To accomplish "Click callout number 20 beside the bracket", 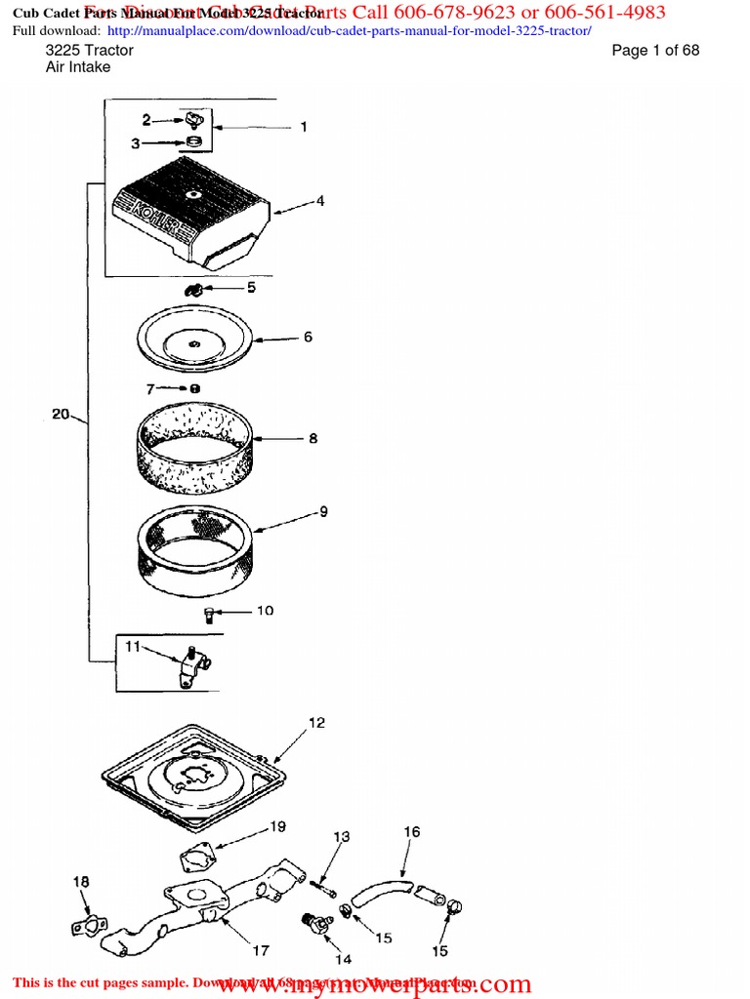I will (x=61, y=415).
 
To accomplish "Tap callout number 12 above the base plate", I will (x=316, y=723).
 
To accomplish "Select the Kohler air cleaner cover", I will (x=190, y=210).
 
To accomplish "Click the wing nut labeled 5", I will (x=193, y=290).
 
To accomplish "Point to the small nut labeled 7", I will (x=195, y=388).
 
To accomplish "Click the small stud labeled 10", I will (x=209, y=614).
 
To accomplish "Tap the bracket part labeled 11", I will (x=193, y=669).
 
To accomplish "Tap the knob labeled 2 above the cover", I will (x=192, y=120).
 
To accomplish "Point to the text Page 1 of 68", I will (x=655, y=51).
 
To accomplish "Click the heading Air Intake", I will (x=78, y=67).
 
